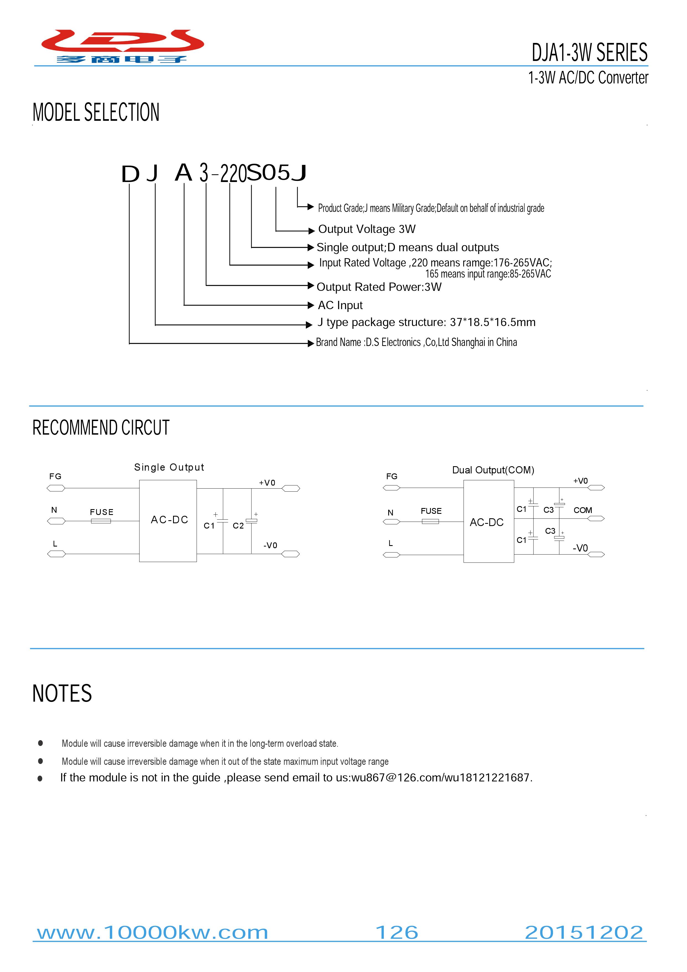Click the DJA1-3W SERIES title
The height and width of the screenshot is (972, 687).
(589, 53)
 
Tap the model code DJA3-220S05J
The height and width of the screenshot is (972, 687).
(214, 173)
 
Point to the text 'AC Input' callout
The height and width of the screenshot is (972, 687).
(340, 305)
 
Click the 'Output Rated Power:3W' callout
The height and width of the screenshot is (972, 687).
(379, 287)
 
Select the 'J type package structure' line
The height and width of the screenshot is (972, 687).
(426, 323)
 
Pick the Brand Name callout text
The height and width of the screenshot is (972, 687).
(416, 342)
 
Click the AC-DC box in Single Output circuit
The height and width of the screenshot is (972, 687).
(168, 521)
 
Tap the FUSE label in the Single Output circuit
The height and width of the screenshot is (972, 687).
(102, 512)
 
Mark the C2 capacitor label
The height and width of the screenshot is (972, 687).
(238, 526)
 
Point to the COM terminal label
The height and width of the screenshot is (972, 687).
(583, 510)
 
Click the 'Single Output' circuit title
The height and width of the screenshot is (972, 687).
(169, 467)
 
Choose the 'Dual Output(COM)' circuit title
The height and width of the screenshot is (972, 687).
(493, 470)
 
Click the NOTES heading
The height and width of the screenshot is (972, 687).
(62, 693)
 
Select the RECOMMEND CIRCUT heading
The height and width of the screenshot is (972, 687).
(101, 428)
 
